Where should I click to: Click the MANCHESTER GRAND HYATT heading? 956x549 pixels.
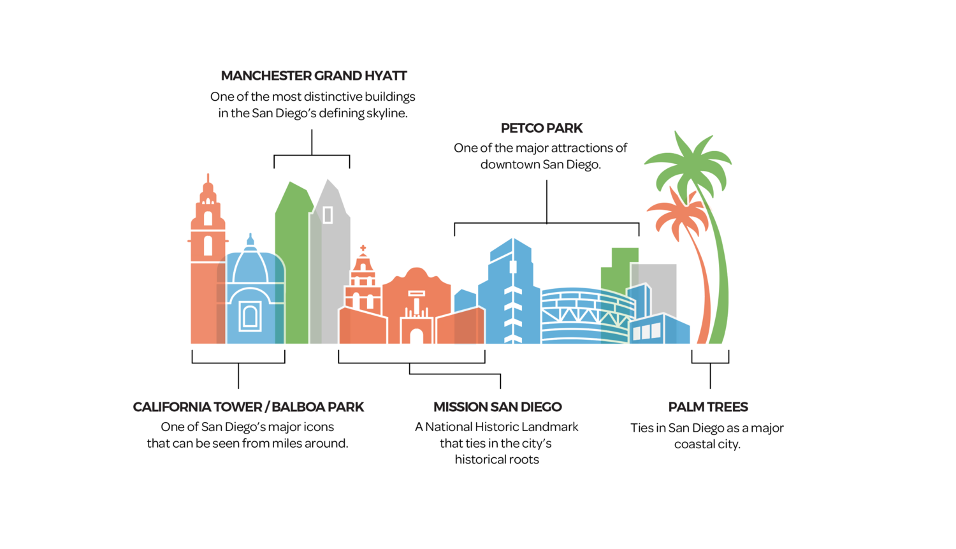tap(314, 76)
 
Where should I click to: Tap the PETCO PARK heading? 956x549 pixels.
tap(541, 128)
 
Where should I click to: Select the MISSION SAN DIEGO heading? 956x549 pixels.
tap(497, 407)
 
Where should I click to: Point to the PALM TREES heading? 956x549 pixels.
tap(707, 407)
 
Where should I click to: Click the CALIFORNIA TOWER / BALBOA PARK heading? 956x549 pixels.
tap(248, 407)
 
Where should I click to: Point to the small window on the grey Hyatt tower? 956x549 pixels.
tap(328, 215)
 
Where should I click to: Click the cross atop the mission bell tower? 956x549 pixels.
tap(363, 248)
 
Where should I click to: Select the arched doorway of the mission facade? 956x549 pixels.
tap(417, 336)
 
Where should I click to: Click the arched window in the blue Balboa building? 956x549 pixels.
tap(250, 316)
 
